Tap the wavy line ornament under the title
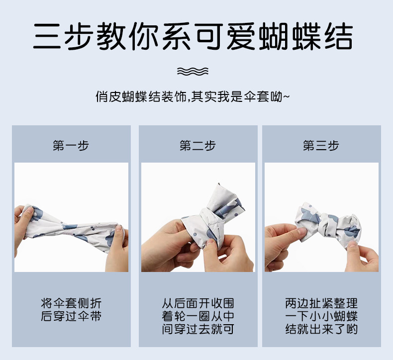click(193, 72)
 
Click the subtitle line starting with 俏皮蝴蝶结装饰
click(193, 96)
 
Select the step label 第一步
click(71, 146)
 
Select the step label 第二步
click(197, 146)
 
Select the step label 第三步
click(321, 146)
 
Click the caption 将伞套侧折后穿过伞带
click(71, 309)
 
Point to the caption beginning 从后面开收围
click(197, 316)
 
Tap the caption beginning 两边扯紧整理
click(321, 316)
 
